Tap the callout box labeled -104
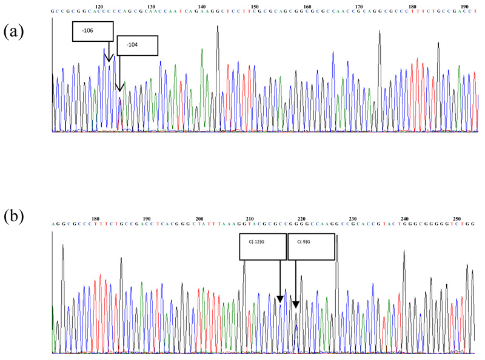pos(138,45)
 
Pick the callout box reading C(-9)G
pos(310,247)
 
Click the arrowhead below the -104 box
pos(120,86)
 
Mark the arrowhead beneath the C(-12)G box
pos(280,299)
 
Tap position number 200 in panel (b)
pos(199,218)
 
